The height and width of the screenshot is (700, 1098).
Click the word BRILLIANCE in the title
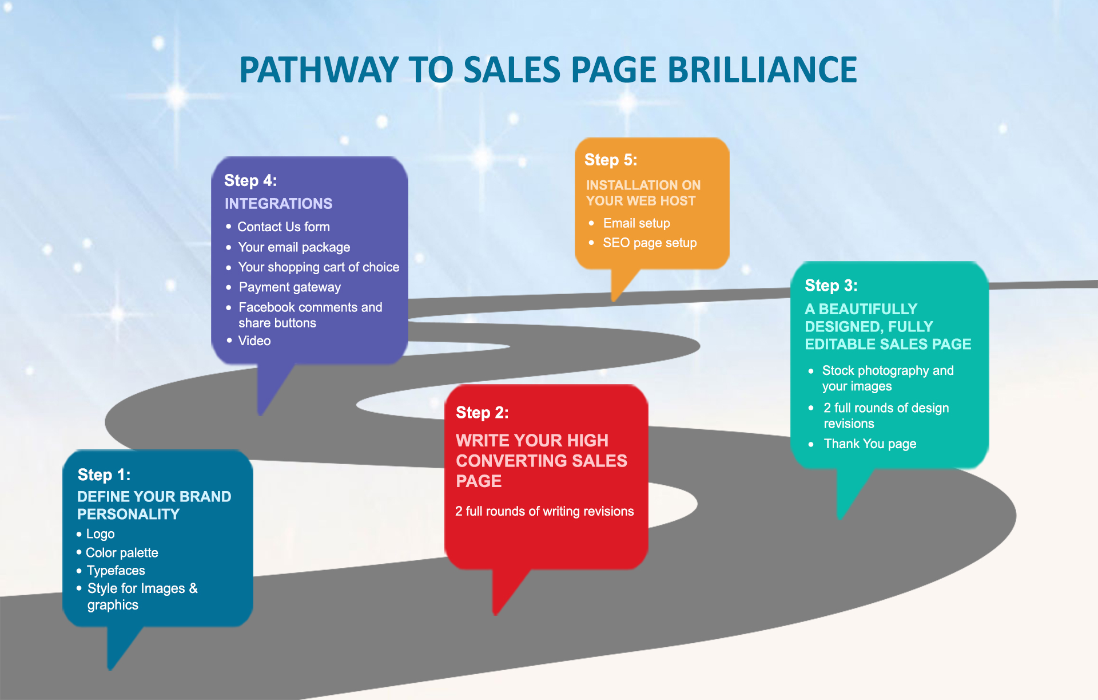click(x=762, y=70)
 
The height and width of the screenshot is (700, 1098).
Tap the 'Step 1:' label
click(x=104, y=474)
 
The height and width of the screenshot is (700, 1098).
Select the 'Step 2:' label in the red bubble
click(x=482, y=412)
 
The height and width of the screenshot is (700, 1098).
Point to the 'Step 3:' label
click(x=831, y=285)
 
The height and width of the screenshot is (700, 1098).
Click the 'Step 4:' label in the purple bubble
click(x=250, y=180)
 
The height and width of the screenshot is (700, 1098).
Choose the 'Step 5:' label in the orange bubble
click(x=611, y=160)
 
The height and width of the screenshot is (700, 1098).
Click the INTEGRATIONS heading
click(x=279, y=204)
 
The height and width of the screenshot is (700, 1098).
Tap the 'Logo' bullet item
click(x=100, y=534)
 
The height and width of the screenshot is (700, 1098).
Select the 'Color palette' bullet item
click(x=122, y=552)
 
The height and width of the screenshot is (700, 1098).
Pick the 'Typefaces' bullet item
click(x=116, y=571)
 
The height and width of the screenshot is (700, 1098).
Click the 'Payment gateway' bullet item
click(x=289, y=287)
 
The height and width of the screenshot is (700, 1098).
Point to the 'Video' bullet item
click(x=254, y=341)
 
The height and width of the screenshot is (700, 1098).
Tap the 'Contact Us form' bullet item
click(x=284, y=227)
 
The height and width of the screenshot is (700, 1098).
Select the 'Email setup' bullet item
click(x=636, y=223)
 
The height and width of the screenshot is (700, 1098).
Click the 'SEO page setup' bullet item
click(x=650, y=243)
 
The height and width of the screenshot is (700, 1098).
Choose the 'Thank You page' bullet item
click(x=870, y=444)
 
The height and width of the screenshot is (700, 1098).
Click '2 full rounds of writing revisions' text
click(x=544, y=511)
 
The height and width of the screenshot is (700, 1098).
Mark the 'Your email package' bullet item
click(x=294, y=247)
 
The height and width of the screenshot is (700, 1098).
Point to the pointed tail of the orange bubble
click(x=614, y=299)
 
